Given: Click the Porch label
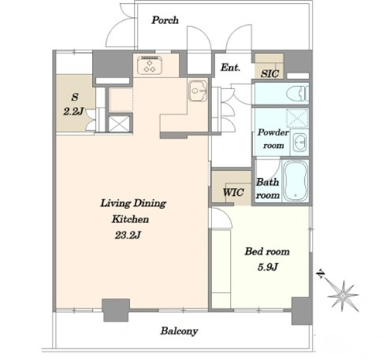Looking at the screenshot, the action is tap(165, 20).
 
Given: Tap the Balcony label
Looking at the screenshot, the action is tap(180, 331).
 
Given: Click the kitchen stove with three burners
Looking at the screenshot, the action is tap(149, 65).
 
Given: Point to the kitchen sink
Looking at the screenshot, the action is tap(198, 91).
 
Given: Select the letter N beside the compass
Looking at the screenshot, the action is tap(320, 273).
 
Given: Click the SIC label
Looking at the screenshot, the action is tap(269, 74).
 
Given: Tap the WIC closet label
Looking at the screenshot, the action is tap(233, 192).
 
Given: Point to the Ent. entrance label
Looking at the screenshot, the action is tap(231, 67).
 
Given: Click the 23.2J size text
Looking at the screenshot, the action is tap(128, 235).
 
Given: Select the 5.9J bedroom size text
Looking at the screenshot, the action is tap(267, 267).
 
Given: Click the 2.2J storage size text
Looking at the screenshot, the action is tap(74, 111).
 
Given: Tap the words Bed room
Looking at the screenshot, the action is tap(267, 252).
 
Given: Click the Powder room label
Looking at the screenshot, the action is tap(273, 139).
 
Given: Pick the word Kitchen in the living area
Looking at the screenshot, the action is tap(130, 219).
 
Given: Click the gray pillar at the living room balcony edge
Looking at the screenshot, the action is tap(116, 310).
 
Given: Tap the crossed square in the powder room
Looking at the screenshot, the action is tap(297, 118).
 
